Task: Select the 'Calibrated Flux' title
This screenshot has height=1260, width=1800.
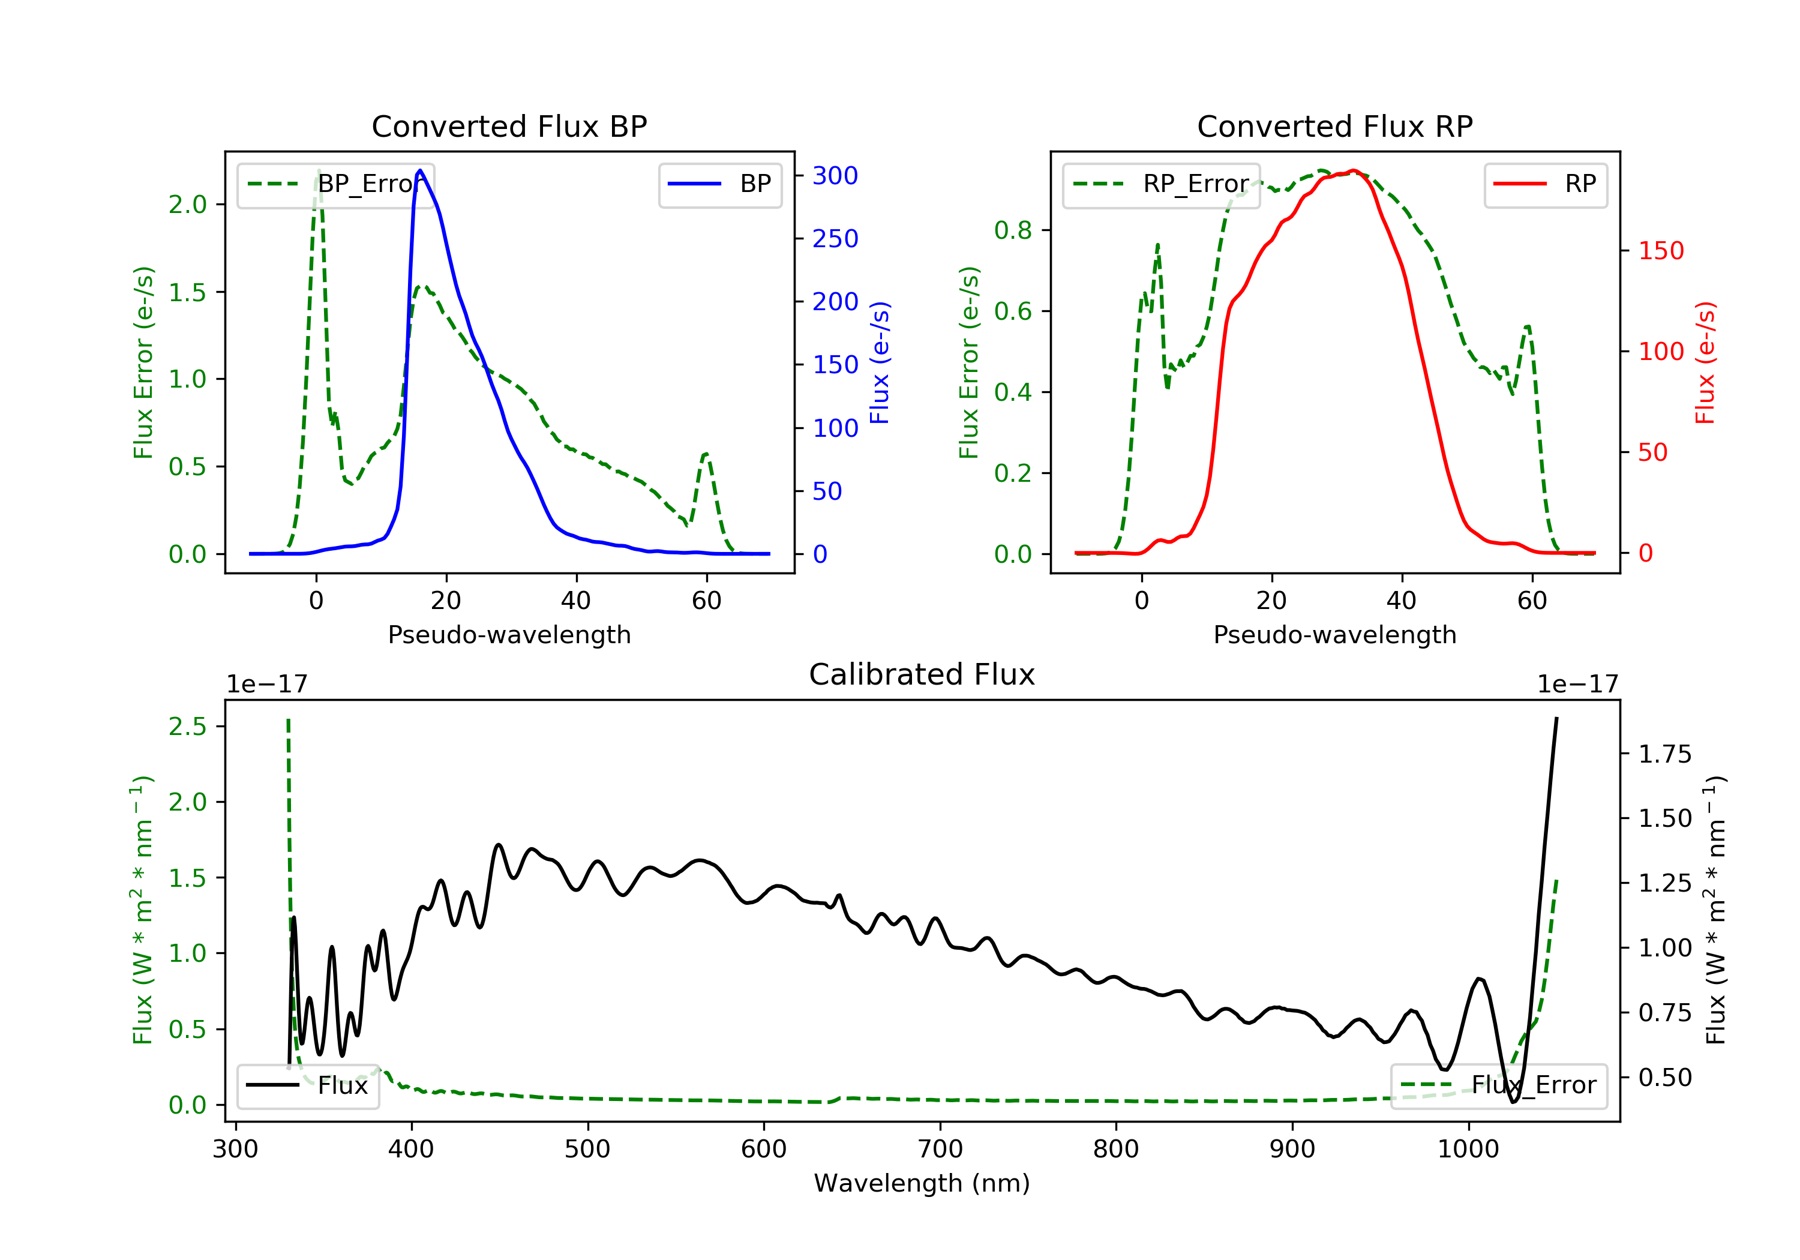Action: coord(922,675)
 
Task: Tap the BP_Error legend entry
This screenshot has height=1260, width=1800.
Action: coord(335,184)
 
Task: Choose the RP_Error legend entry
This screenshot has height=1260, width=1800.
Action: coord(1161,184)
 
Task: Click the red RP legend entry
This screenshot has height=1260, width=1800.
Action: coord(1545,184)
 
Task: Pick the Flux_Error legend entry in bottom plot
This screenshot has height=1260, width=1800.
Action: coord(1498,1085)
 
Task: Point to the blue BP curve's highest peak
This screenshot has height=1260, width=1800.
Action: coord(420,170)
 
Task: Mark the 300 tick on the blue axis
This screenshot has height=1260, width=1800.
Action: coord(835,176)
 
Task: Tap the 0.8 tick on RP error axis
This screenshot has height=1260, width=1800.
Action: coord(1013,230)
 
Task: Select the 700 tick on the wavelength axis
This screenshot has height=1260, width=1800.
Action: coord(939,1150)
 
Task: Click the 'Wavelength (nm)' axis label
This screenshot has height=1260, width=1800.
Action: coord(922,1183)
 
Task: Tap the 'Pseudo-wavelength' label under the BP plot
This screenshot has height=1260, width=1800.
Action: coord(509,635)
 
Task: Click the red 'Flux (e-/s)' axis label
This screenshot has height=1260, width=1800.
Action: coord(1706,362)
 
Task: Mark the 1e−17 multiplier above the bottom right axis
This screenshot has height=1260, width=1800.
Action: coord(1577,685)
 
